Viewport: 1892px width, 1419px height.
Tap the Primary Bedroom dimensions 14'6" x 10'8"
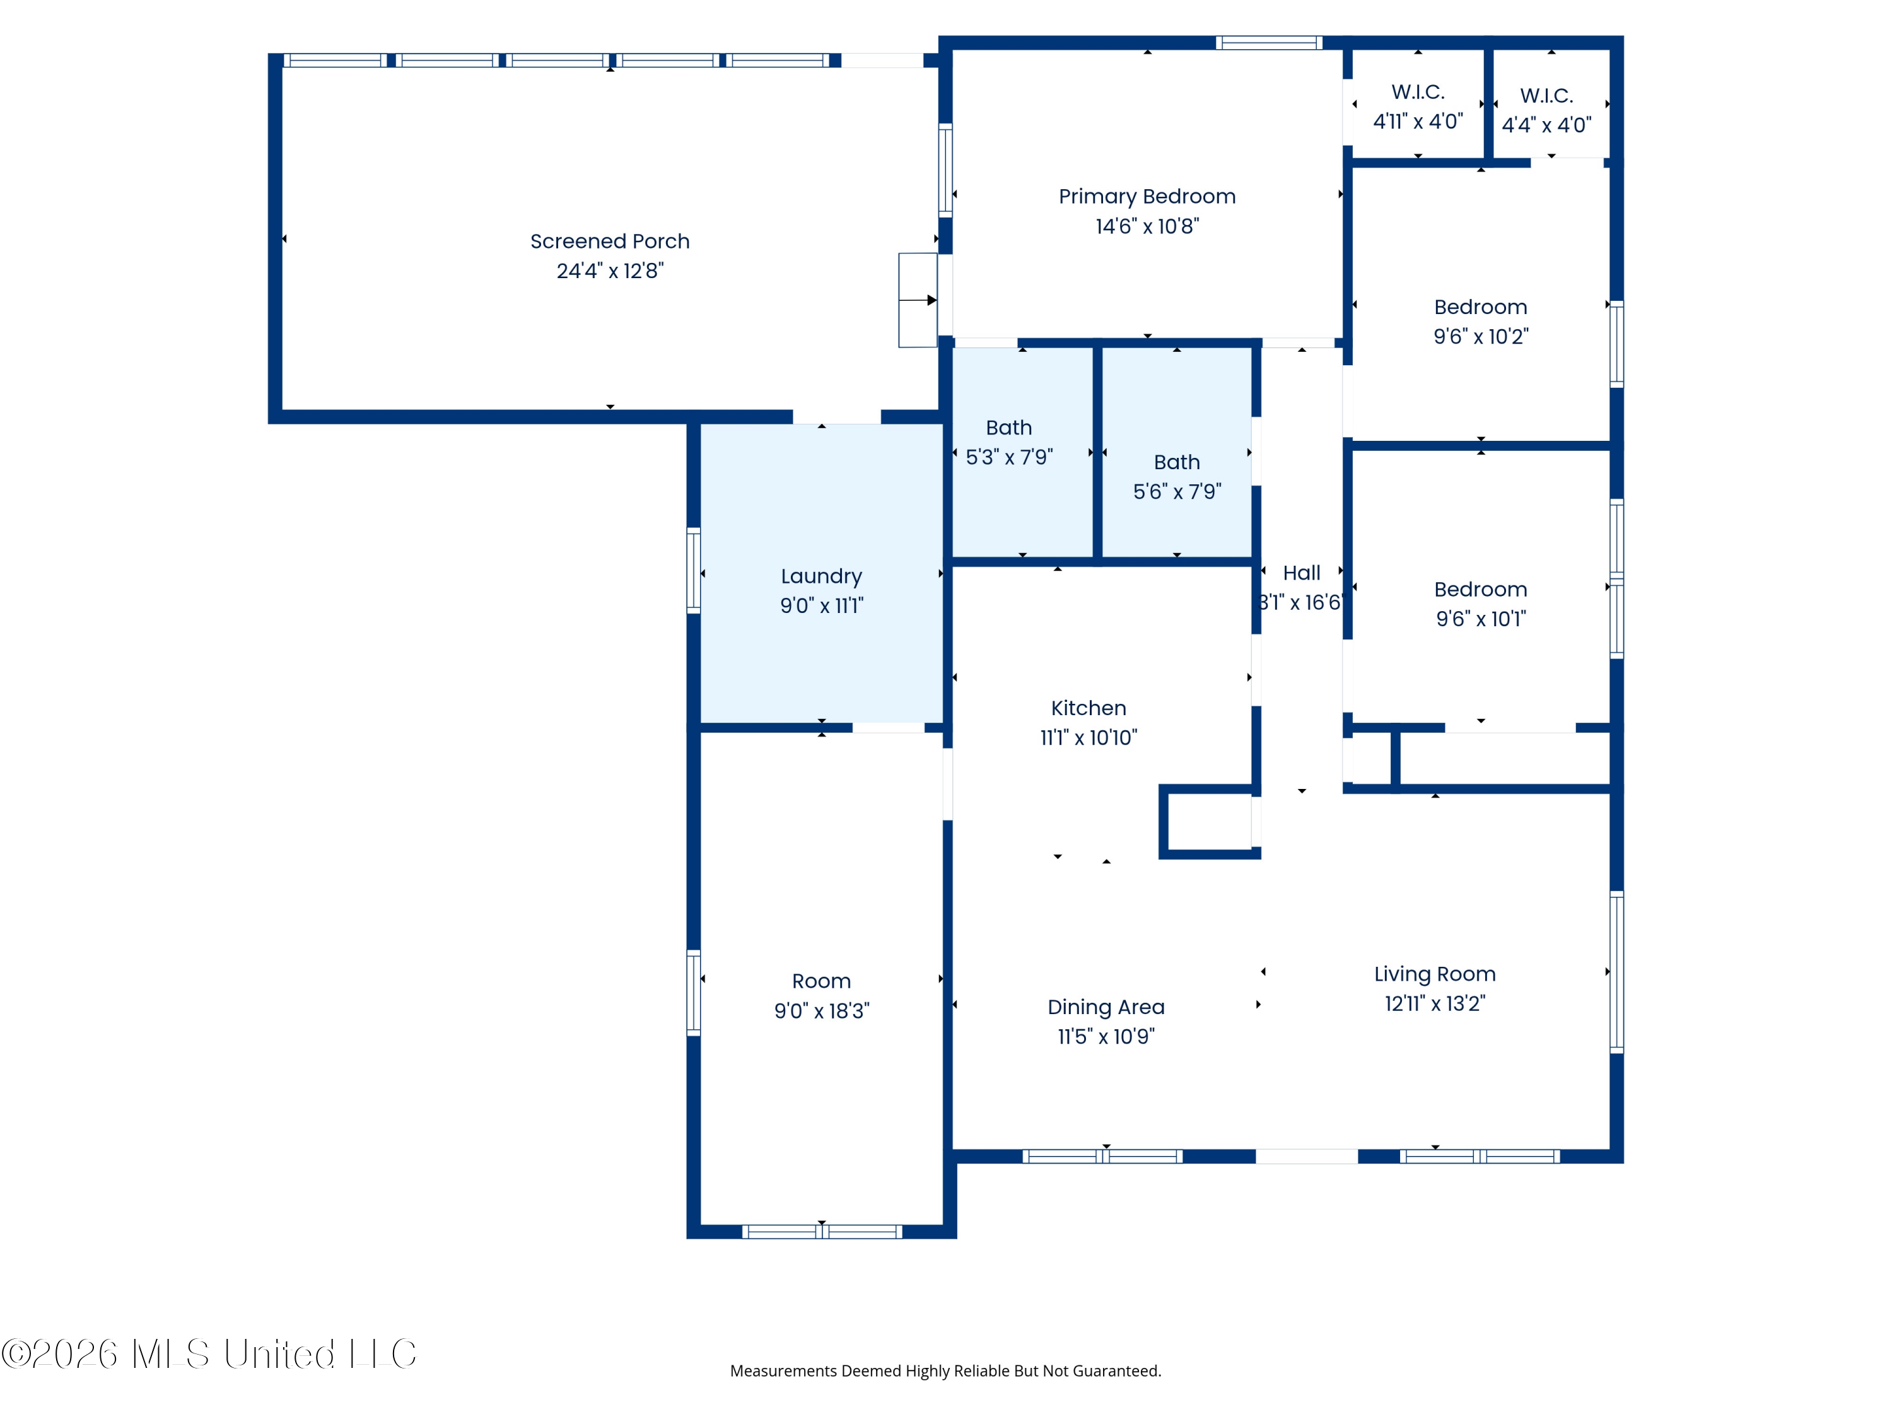[x=1147, y=226]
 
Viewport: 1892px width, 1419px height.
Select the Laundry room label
[x=821, y=576]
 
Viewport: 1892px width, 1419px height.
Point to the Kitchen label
[x=1088, y=708]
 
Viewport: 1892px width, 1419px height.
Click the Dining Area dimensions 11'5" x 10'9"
[x=1106, y=1037]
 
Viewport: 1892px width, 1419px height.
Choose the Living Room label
[x=1434, y=974]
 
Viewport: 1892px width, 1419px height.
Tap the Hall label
[x=1301, y=573]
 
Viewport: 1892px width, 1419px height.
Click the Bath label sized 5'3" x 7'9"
[x=1008, y=428]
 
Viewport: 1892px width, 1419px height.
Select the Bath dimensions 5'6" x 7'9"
[x=1177, y=492]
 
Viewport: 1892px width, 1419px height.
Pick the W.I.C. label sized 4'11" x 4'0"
[x=1417, y=91]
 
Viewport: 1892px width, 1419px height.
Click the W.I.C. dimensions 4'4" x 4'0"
[x=1546, y=125]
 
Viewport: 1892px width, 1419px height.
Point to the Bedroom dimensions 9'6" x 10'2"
[x=1481, y=336]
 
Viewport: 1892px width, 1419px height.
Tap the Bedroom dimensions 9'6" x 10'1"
[x=1481, y=619]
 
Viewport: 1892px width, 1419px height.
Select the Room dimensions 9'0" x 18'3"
[x=821, y=1011]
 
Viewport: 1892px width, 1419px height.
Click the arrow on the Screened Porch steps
[x=918, y=300]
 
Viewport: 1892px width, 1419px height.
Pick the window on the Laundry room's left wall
[x=694, y=571]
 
